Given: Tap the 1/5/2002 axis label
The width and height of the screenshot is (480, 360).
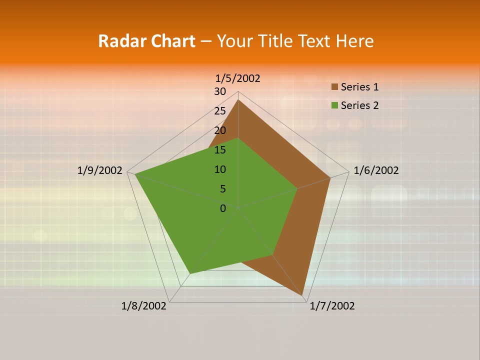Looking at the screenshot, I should point(237,78).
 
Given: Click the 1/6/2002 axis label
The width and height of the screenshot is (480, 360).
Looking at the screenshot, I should point(376,170).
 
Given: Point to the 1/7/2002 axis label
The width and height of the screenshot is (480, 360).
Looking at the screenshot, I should point(332,306).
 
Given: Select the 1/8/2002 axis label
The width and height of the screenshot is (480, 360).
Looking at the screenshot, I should point(144,306).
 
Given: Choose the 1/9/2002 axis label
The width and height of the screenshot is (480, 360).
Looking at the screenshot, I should point(99,170).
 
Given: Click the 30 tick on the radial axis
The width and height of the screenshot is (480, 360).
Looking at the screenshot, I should point(220,91).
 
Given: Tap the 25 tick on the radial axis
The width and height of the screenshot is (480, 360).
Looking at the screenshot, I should point(220,111).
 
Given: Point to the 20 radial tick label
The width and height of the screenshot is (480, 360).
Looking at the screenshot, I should point(220,130).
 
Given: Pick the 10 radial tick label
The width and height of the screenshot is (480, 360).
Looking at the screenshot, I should point(220,169).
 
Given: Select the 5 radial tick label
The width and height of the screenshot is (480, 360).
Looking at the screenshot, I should point(222,189).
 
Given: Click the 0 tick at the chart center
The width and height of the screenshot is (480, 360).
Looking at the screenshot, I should point(223,208).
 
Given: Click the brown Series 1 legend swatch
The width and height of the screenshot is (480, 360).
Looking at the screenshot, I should point(334,87).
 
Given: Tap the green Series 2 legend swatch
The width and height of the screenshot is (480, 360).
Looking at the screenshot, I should point(334,105).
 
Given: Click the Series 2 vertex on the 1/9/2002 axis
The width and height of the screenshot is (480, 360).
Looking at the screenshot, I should point(135,174).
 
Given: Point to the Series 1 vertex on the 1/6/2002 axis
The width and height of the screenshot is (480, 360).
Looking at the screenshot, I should point(330,177).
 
